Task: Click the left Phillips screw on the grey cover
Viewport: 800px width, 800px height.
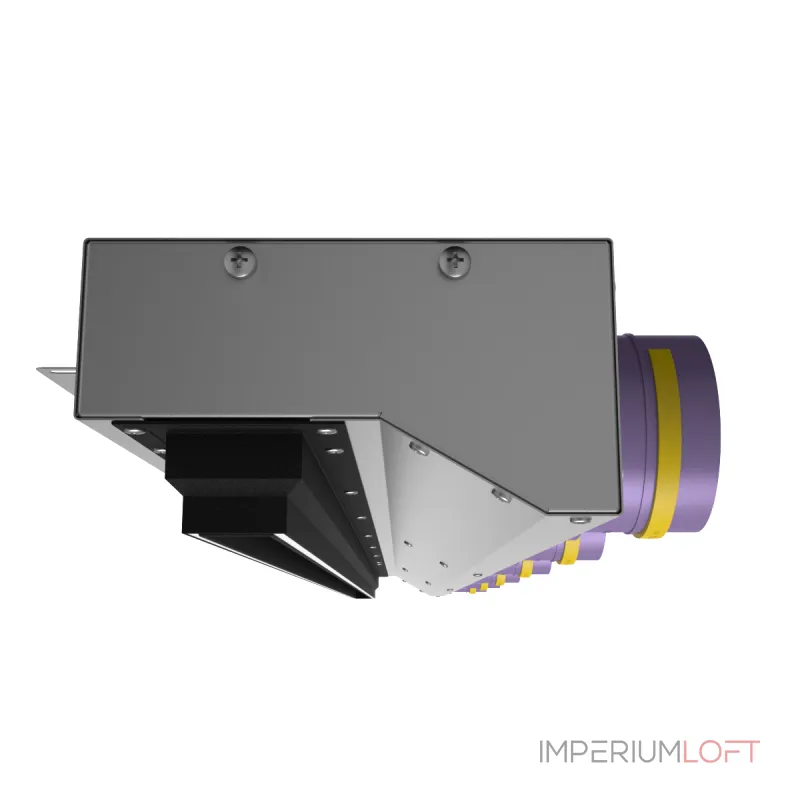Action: [240, 262]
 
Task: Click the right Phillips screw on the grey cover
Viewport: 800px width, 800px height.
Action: [455, 262]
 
